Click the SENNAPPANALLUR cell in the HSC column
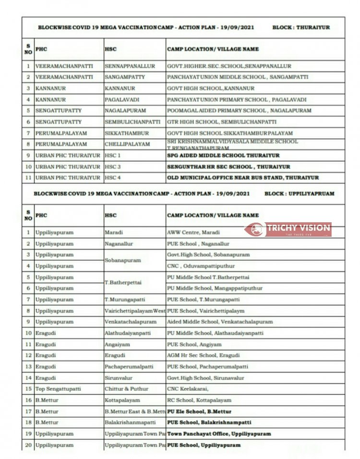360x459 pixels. coord(128,66)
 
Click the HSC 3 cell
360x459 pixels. coord(113,167)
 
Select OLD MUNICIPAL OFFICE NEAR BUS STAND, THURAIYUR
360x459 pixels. coord(242,178)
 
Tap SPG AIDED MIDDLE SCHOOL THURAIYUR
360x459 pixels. coord(223,156)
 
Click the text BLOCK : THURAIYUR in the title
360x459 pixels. coord(301,27)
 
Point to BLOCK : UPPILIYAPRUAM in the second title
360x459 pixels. coord(299,193)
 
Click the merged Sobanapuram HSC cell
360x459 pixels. coord(123,260)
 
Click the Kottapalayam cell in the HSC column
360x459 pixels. coord(122,400)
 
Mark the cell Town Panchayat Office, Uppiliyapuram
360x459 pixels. coord(218,434)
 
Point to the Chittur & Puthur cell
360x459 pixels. coord(126,389)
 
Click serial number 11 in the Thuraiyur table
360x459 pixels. coord(28,178)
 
